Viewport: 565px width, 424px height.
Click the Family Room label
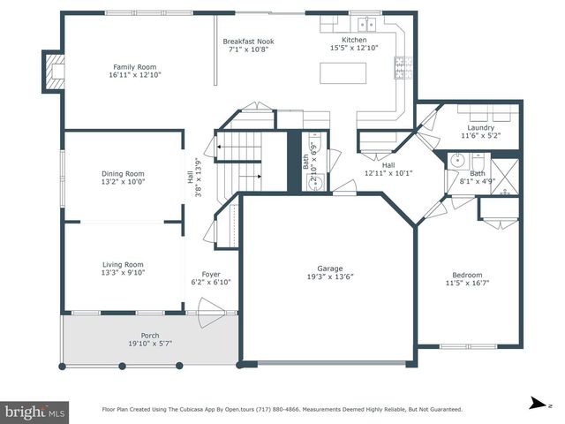(x=135, y=67)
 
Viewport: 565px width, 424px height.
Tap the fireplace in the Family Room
(x=53, y=72)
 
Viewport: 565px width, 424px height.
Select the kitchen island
(x=343, y=73)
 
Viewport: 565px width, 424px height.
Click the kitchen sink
(x=367, y=25)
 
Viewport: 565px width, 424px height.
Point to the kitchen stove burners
(x=403, y=67)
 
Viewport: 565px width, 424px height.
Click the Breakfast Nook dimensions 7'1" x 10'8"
(x=249, y=49)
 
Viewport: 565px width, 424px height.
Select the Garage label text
(x=329, y=269)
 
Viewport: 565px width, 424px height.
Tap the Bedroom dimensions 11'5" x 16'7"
(x=467, y=283)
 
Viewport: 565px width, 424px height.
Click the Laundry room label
(x=480, y=127)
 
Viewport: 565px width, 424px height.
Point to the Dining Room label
(x=123, y=174)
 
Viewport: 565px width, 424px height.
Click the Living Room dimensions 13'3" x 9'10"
(x=123, y=273)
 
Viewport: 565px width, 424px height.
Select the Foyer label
(x=211, y=274)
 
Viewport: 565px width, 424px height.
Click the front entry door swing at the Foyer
(x=211, y=313)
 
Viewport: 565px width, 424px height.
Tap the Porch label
(x=150, y=336)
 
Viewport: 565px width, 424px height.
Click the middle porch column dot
(x=122, y=367)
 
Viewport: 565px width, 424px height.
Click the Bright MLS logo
(x=34, y=413)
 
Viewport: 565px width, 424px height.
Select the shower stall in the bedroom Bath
(x=505, y=177)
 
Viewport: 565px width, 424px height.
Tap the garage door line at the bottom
(x=332, y=363)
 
